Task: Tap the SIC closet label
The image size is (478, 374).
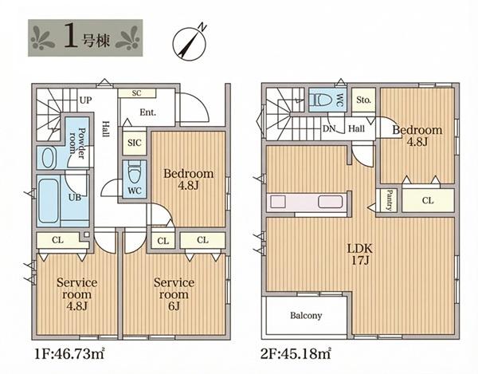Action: (x=135, y=143)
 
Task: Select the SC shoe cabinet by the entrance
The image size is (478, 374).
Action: (x=137, y=93)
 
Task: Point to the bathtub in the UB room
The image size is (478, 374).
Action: (x=49, y=201)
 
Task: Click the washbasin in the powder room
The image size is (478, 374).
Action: (x=47, y=158)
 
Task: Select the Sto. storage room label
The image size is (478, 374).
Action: (x=363, y=100)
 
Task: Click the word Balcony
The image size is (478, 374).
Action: (x=306, y=316)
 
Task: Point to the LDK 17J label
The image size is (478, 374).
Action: (x=360, y=254)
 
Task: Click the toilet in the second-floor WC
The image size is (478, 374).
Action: (x=322, y=100)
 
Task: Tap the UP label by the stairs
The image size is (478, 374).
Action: (x=86, y=100)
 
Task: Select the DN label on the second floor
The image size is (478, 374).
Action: (x=328, y=128)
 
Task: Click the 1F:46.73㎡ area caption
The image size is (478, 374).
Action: (x=70, y=354)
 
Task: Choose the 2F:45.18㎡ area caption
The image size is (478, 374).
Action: (x=296, y=354)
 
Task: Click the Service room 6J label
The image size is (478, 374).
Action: (x=174, y=294)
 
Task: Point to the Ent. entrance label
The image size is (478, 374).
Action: (x=148, y=112)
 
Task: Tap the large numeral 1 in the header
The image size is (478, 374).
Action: (x=70, y=37)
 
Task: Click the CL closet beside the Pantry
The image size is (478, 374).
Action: (x=428, y=200)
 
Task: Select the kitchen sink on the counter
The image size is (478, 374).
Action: (x=330, y=202)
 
